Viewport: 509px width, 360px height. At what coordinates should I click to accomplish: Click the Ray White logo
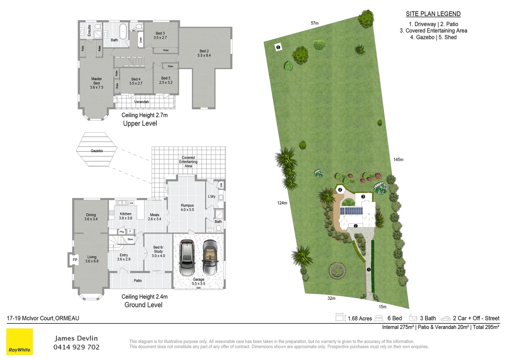point(20,341)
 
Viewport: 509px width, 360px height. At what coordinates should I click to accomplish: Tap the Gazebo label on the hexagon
point(97,151)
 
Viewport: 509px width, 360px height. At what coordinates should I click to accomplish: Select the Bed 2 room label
point(204,53)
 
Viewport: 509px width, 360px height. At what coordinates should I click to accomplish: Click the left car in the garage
point(187,257)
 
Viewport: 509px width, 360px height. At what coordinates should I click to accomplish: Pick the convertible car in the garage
point(210,257)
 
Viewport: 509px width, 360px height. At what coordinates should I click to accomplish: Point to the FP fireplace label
point(75,260)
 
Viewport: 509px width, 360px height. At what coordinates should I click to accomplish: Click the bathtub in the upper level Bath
point(123,31)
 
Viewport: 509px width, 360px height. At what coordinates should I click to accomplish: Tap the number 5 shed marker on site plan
point(278,47)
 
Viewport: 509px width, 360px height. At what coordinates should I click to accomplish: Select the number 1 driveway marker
point(369,269)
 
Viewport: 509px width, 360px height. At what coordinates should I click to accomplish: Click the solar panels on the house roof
point(351,211)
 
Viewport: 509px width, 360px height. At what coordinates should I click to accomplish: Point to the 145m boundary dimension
point(398,160)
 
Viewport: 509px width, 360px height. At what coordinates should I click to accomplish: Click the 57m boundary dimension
point(314,23)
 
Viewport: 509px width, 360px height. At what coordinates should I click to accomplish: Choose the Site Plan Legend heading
point(433,14)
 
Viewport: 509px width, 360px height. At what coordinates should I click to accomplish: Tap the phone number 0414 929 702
point(76,347)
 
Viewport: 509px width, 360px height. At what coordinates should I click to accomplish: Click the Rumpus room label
point(187,207)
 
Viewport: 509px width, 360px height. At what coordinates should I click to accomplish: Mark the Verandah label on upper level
point(142,102)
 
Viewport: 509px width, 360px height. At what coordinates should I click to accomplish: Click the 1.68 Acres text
point(360,319)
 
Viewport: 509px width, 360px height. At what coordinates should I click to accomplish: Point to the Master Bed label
point(97,83)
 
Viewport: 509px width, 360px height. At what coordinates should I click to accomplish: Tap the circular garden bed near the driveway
point(337,270)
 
